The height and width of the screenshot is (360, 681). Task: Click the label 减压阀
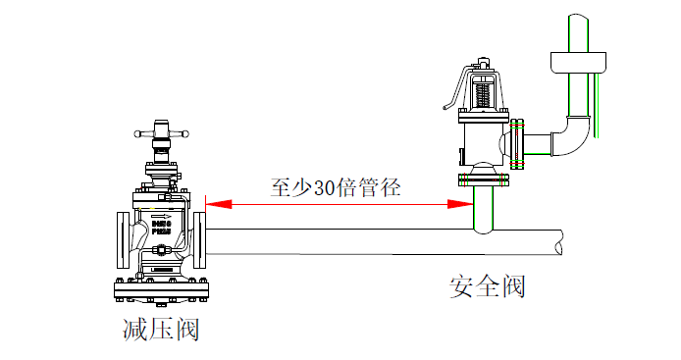(x=161, y=329)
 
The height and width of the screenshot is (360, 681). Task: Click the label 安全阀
(x=488, y=286)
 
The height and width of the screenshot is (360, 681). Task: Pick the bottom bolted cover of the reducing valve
(x=161, y=290)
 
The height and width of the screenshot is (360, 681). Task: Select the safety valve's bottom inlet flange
(x=483, y=180)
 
